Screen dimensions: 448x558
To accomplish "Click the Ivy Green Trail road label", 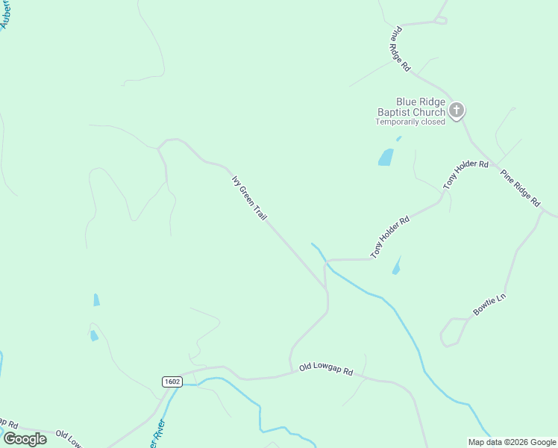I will click(249, 198).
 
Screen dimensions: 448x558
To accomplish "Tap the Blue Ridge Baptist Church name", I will click(410, 107).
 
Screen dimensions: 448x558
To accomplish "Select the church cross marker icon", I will click(457, 111).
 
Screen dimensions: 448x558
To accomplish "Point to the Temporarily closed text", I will click(410, 122).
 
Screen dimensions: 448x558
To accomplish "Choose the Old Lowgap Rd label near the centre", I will click(325, 369).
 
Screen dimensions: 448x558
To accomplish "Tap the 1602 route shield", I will click(172, 382).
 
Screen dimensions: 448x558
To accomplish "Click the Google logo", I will click(25, 439).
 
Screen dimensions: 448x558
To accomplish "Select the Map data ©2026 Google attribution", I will click(512, 442).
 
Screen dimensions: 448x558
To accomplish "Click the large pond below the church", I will click(386, 158).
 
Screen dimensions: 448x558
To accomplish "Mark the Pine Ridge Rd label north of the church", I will click(401, 49).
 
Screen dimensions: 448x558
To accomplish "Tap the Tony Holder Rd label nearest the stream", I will click(390, 237).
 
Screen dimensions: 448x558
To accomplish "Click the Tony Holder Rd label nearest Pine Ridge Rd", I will click(465, 174).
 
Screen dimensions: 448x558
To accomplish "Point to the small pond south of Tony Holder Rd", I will click(396, 266).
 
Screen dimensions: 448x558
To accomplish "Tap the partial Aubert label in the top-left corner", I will click(7, 13).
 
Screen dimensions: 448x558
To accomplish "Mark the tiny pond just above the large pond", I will click(398, 138).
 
